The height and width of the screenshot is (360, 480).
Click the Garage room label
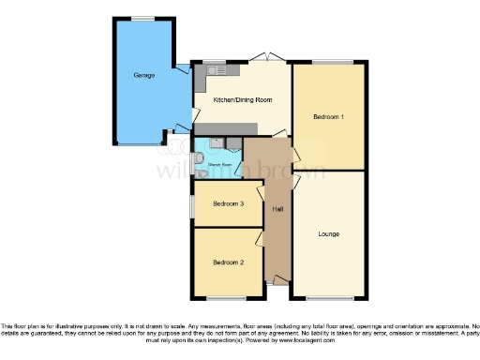pos(143,75)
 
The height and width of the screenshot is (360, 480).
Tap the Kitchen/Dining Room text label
pos(242,100)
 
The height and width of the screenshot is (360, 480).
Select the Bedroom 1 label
pos(328,117)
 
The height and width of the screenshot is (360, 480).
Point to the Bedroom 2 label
pos(228,262)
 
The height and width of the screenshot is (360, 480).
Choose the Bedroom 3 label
pos(228,204)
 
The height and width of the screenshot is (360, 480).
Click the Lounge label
pos(328,233)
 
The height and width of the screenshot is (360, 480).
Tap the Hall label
pos(277,208)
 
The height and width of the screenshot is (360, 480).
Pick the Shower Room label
pos(220,165)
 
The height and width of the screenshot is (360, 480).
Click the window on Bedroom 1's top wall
pos(328,62)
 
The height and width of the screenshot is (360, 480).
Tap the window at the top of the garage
pos(143,19)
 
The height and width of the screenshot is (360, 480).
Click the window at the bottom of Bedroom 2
pos(228,298)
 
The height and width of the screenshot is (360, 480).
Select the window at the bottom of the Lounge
pos(328,298)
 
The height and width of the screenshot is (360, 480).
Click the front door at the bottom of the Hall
pos(278,281)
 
